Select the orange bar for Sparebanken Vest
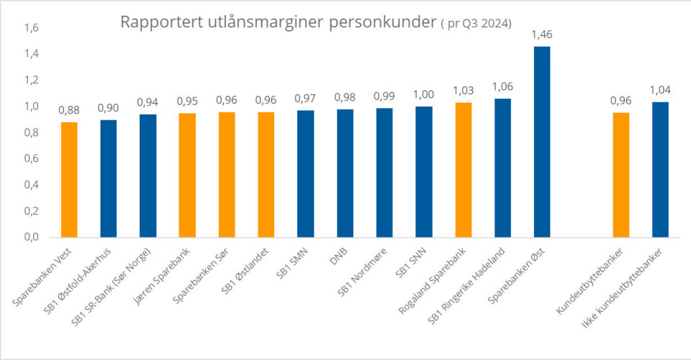click(x=69, y=179)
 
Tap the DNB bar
click(x=345, y=173)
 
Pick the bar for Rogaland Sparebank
click(x=463, y=170)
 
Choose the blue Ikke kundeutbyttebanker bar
click(x=660, y=169)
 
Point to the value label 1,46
click(x=541, y=34)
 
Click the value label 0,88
click(x=69, y=110)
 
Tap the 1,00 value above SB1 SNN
click(x=423, y=94)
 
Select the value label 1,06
click(x=502, y=86)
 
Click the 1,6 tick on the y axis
click(x=32, y=28)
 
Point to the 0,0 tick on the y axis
click(x=32, y=237)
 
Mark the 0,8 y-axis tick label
click(x=32, y=132)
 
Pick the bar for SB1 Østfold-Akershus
click(x=109, y=178)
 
